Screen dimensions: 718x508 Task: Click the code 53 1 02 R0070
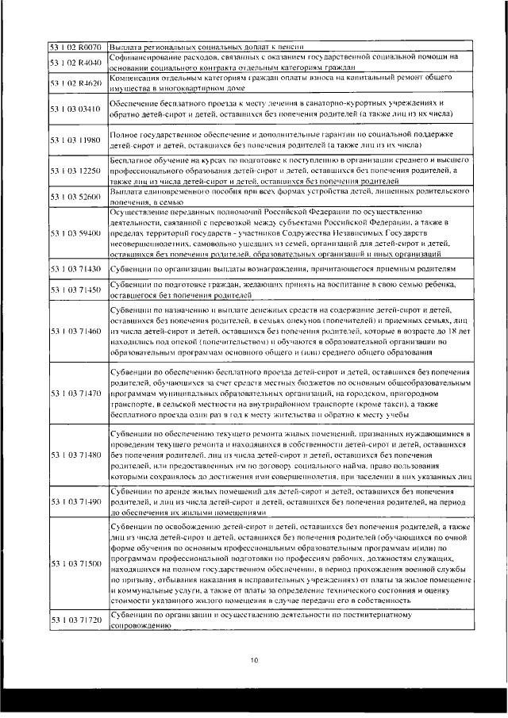coord(75,48)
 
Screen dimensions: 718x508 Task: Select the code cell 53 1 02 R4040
coord(75,62)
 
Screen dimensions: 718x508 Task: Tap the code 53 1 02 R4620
coord(75,83)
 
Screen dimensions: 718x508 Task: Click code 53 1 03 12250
coord(75,171)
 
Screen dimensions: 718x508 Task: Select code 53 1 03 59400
coord(75,234)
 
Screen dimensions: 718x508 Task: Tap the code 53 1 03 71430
coord(75,270)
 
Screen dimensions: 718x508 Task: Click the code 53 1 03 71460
coord(75,330)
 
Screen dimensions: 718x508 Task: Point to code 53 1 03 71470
coord(75,393)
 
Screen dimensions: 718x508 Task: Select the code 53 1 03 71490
coord(75,503)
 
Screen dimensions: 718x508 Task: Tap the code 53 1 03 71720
coord(75,620)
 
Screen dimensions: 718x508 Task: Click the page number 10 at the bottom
coord(254,658)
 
